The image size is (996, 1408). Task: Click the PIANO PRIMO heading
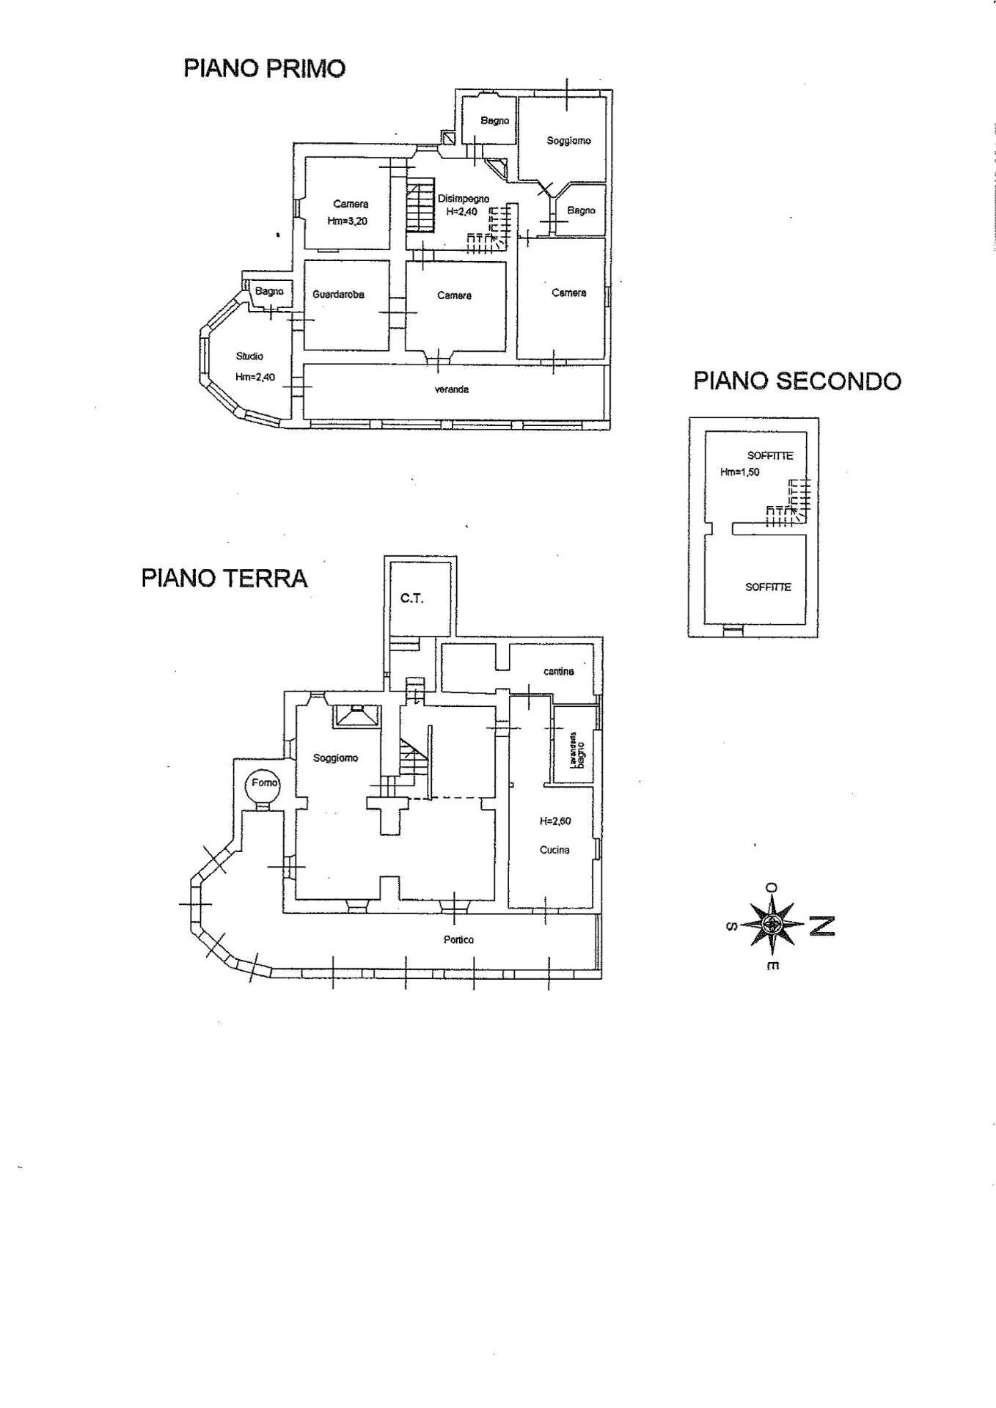point(264,69)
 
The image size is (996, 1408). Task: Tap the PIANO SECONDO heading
point(797,381)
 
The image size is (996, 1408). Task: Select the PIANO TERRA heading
point(224,578)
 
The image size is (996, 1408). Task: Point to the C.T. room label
point(411,598)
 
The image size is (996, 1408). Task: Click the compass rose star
point(771,925)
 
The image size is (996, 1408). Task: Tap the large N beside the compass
point(822,926)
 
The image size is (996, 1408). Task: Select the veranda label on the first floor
point(451,389)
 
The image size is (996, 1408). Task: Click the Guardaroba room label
point(338,295)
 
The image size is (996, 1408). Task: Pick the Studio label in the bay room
point(249,356)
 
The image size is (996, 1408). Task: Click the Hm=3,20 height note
point(348,221)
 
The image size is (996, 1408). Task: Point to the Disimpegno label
point(463,199)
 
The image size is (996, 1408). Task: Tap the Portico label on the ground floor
point(458,939)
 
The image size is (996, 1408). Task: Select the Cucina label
point(554,851)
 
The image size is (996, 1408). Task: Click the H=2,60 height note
point(554,821)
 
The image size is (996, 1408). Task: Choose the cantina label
point(559,671)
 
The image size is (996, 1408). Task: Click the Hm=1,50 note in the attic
point(739,472)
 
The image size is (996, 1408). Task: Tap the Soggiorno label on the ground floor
point(335,758)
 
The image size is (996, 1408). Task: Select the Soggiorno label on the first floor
point(568,141)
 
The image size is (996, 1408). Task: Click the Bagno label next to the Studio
point(269,291)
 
